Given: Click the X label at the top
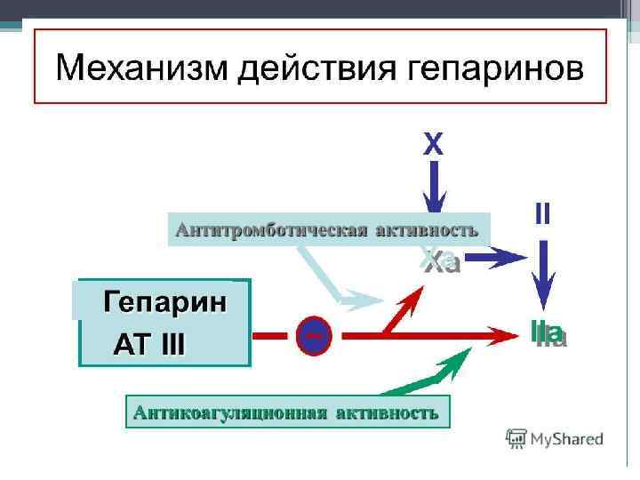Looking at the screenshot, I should tap(432, 144).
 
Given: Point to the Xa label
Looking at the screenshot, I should tap(439, 261).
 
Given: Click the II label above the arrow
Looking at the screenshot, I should tap(542, 213).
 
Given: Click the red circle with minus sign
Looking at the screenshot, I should tap(313, 335).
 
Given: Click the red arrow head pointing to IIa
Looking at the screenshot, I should tap(507, 335).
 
